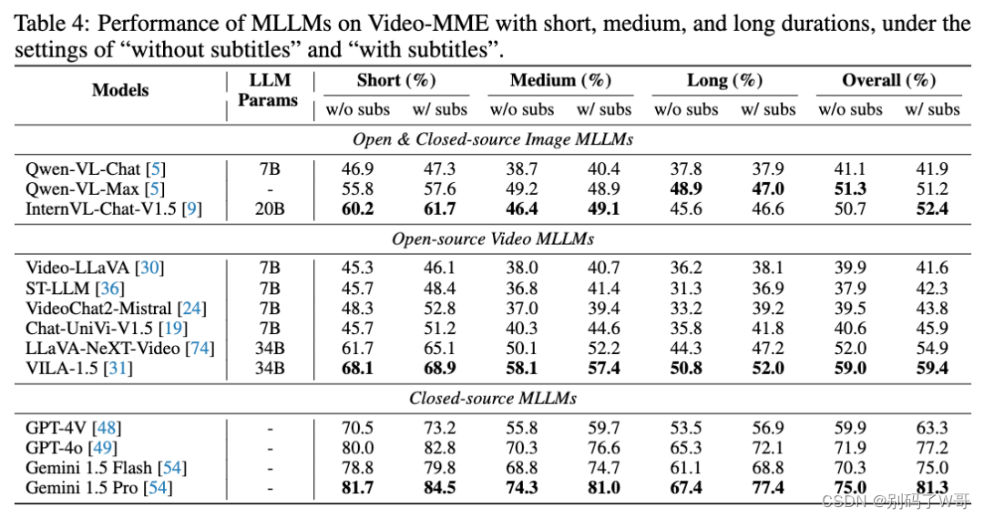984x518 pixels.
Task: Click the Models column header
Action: (120, 90)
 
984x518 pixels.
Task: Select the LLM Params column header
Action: (268, 90)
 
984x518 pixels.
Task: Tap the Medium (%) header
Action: (560, 80)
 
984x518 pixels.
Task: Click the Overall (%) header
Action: (889, 80)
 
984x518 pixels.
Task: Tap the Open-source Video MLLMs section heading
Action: (492, 239)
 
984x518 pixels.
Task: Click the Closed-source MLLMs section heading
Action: (492, 398)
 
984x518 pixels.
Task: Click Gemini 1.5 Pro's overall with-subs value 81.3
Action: (931, 489)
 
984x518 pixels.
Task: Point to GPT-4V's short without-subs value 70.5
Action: (357, 428)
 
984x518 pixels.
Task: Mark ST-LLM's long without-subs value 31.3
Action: (686, 288)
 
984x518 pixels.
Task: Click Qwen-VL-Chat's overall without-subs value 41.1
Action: (850, 169)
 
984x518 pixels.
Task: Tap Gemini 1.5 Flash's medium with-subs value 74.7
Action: (603, 468)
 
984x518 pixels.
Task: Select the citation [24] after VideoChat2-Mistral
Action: (192, 308)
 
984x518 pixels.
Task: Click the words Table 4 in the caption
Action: (49, 23)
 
